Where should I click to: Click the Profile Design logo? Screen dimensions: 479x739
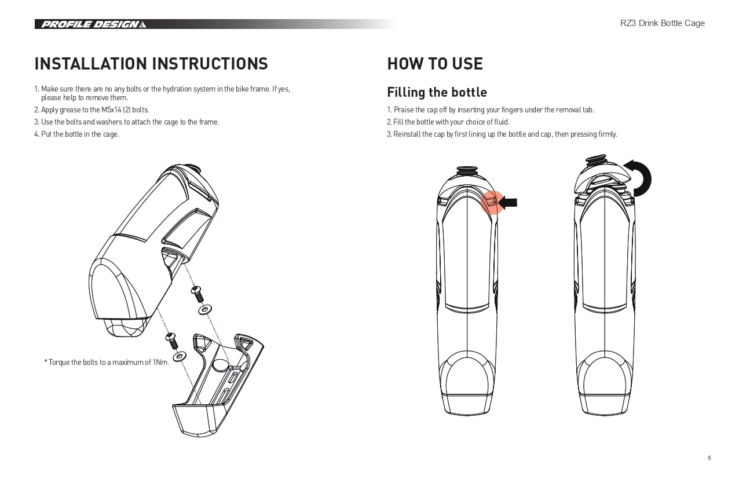[x=92, y=24]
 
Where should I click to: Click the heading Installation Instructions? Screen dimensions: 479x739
[x=151, y=64]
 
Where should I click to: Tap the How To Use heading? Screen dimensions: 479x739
[x=434, y=64]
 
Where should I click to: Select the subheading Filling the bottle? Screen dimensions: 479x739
[x=437, y=93]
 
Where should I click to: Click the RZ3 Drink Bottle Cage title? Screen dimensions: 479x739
[x=662, y=23]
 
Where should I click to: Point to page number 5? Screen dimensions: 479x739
[x=709, y=458]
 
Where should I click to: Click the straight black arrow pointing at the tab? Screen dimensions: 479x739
[x=508, y=202]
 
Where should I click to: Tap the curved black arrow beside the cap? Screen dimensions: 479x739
[x=641, y=177]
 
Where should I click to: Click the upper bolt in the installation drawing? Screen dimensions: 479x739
[x=197, y=292]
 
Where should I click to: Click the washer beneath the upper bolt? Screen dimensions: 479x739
[x=204, y=310]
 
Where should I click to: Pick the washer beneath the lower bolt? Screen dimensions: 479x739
[x=180, y=356]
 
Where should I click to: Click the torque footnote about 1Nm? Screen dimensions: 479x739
[x=107, y=363]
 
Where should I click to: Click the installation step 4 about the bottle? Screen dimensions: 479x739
[x=76, y=134]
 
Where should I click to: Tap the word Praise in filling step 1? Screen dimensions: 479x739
[x=404, y=109]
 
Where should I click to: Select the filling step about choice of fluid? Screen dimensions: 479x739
[x=448, y=122]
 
